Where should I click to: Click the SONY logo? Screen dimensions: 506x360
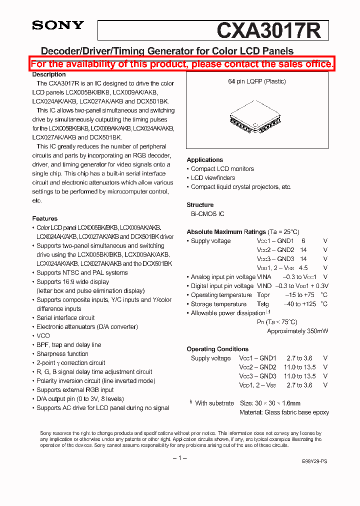(58, 25)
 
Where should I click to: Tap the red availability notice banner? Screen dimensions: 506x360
(182, 64)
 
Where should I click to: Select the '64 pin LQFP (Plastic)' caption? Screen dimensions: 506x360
(257, 81)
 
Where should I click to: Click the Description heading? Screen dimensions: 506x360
(49, 74)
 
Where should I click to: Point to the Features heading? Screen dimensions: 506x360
(44, 218)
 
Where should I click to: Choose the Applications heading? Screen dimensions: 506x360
(204, 160)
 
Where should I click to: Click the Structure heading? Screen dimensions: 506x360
(200, 205)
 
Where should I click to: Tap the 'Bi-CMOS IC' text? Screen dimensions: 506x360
(207, 214)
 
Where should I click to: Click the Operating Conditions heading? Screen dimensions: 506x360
(217, 349)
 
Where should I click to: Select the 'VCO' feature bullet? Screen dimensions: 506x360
(43, 336)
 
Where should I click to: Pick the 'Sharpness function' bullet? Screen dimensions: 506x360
(62, 354)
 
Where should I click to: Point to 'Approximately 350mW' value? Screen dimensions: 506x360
(297, 331)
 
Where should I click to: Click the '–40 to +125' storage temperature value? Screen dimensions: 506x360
(299, 304)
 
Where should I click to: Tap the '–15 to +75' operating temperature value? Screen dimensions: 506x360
(299, 295)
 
